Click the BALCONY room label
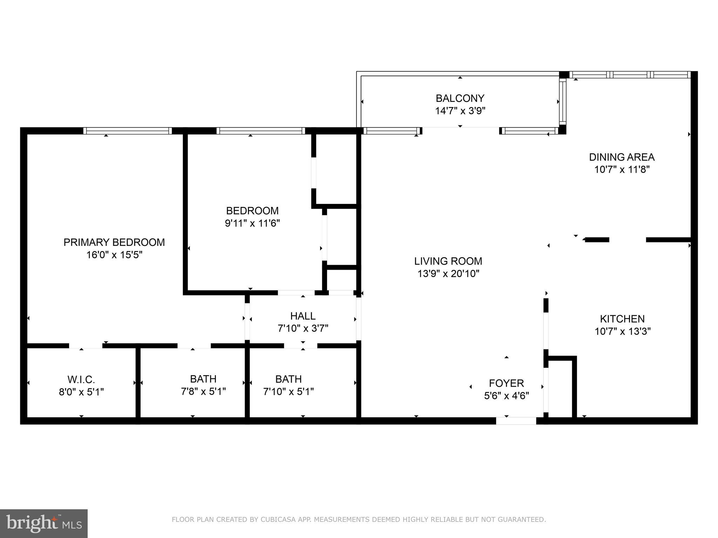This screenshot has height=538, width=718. pos(460,98)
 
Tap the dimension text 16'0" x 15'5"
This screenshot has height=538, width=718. pos(114,255)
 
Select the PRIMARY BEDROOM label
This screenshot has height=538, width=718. pos(114,242)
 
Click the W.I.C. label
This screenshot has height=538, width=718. pos(81,379)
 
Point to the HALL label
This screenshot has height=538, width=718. pos(303,316)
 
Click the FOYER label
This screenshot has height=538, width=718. pos(506,383)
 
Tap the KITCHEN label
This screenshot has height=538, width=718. pos(622,319)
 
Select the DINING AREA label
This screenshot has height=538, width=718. pos(622,157)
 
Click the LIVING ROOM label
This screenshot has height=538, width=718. pos(448,261)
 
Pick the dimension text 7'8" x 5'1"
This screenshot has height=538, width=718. pos(203,392)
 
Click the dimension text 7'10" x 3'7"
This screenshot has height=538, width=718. pos(303,329)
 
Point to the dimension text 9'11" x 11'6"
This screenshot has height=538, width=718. pos(252,223)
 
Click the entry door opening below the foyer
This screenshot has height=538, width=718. pos(516,421)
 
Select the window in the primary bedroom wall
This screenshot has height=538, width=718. pos(128,131)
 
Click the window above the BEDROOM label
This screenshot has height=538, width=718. pos(260,131)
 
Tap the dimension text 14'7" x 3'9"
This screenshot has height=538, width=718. pos(460,111)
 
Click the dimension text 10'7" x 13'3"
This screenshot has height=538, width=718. pos(622,331)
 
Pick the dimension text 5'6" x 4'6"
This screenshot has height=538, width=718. pos(506,396)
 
